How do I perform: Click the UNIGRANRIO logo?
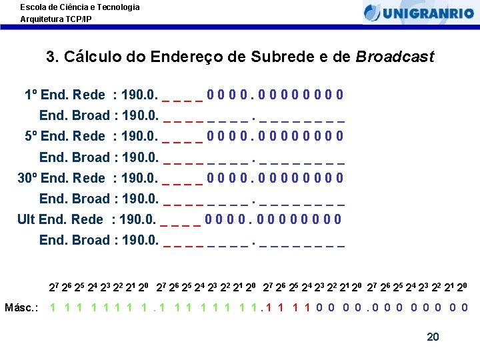418,13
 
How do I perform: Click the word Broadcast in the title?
395,57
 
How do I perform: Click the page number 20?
433,337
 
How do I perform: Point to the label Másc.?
21,307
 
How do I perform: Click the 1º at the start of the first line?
31,95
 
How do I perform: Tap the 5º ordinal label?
31,136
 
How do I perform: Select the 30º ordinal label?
27,178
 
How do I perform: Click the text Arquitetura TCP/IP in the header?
56,19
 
